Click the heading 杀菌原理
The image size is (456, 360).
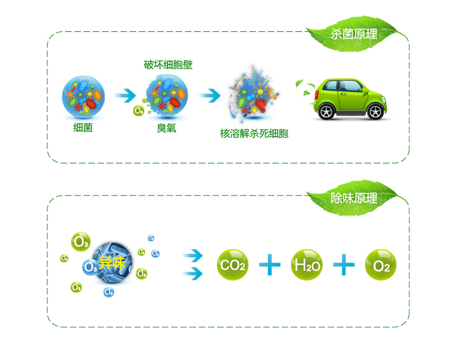point(354,34)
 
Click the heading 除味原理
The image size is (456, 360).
point(354,198)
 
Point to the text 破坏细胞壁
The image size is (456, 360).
point(168,65)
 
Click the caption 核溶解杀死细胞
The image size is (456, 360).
point(254,134)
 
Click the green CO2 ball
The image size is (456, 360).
point(232,265)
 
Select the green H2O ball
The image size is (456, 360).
point(307,265)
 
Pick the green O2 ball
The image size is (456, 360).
point(381,265)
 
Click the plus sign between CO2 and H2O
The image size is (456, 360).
point(270,265)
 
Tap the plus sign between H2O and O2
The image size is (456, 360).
point(344,265)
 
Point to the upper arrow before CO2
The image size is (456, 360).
point(193,254)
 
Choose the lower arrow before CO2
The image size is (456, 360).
point(193,272)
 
